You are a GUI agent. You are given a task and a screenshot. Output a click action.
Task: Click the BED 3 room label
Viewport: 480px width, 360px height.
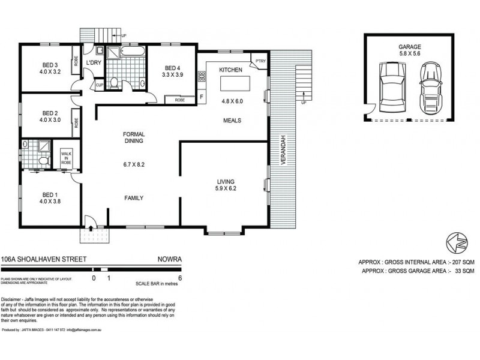click(49, 65)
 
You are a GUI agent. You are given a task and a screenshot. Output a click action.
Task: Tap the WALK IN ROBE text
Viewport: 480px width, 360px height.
click(66, 158)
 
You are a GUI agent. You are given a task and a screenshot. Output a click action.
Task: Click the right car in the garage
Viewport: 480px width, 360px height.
click(429, 88)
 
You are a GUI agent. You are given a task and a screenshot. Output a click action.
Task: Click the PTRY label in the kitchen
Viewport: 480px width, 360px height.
click(260, 61)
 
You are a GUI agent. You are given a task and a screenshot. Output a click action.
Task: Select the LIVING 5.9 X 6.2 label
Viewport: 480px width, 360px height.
click(225, 185)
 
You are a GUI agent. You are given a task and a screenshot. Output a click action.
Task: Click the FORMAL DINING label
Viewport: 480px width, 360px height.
click(134, 139)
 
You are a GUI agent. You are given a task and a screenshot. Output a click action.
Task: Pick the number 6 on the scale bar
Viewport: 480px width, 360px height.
click(180, 278)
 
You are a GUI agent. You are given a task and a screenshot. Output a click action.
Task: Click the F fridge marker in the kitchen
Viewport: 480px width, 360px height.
click(202, 96)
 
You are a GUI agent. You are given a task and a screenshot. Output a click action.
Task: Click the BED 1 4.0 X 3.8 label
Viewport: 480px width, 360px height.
click(49, 198)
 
